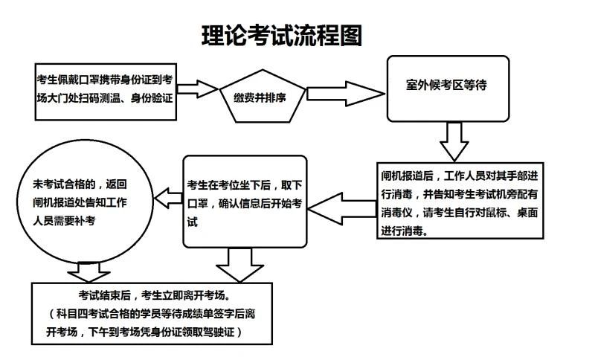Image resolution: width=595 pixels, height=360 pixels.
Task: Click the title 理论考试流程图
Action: tap(282, 36)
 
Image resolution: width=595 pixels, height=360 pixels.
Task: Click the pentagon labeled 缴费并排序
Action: tap(263, 97)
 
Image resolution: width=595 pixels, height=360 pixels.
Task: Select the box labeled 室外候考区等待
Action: tap(448, 89)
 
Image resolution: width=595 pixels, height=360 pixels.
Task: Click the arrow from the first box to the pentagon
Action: tap(197, 89)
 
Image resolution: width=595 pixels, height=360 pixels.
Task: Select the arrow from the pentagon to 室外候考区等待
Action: tap(345, 94)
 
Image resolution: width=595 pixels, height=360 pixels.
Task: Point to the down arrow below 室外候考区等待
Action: tap(454, 141)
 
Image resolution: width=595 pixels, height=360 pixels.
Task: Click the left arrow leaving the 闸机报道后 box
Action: tap(342, 209)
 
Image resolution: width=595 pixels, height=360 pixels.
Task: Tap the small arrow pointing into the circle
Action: tap(169, 198)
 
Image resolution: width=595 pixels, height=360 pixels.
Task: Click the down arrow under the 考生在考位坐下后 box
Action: tap(239, 265)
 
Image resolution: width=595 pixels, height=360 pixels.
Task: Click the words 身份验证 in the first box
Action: tap(152, 98)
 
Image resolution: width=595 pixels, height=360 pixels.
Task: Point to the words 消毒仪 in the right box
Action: tap(396, 213)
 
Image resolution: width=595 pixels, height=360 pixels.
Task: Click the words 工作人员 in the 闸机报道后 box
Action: tap(464, 176)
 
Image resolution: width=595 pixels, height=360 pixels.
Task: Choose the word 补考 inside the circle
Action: tap(84, 221)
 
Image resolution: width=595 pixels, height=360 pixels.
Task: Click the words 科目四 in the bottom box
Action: tap(72, 314)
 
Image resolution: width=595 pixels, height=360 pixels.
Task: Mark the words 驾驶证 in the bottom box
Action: tap(219, 332)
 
